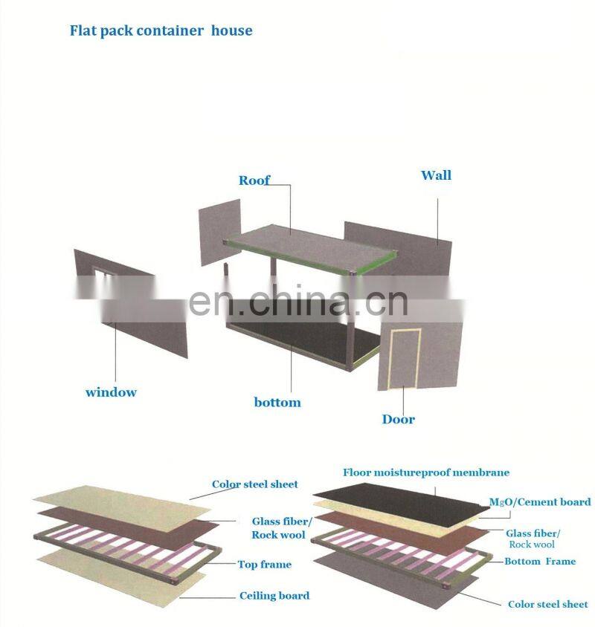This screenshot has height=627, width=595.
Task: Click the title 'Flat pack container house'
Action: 161,31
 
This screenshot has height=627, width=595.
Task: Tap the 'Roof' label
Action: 254,181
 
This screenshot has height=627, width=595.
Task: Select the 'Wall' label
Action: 436,176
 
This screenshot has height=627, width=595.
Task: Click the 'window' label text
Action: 111,392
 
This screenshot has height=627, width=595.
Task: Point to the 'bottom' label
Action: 277,403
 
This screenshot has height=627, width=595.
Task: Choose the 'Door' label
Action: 399,420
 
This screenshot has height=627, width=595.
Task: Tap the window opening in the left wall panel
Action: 103,281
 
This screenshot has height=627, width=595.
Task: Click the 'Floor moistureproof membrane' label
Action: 426,472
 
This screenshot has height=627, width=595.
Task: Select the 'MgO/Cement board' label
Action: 540,502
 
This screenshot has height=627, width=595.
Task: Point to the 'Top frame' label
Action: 264,565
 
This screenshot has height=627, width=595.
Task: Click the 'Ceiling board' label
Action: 274,596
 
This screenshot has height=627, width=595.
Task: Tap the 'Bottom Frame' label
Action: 540,562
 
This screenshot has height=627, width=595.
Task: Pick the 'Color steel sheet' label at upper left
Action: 255,484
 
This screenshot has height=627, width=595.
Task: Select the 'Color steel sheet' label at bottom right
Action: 548,605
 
